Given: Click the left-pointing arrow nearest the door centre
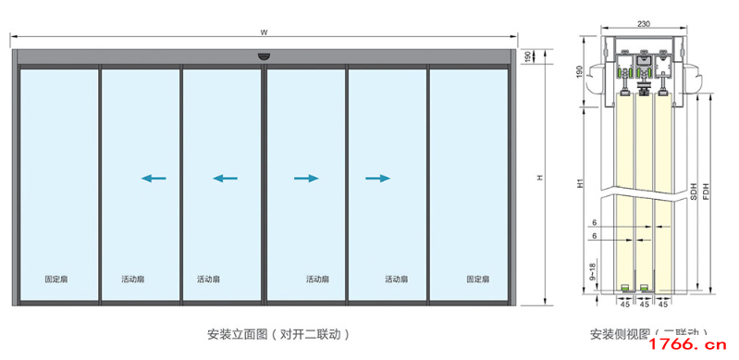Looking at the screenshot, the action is [225, 178].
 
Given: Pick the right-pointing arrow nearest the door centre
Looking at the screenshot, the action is [305, 178].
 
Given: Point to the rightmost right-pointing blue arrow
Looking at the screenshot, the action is [377, 178].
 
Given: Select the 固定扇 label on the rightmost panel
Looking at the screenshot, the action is [477, 279].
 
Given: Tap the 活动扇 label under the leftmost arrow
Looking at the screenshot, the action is [132, 279].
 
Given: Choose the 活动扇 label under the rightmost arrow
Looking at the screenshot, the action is [397, 279].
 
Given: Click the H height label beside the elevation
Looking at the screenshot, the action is [539, 177].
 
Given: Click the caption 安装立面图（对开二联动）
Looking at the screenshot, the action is [278, 333].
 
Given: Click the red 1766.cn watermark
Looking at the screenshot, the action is [690, 346].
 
